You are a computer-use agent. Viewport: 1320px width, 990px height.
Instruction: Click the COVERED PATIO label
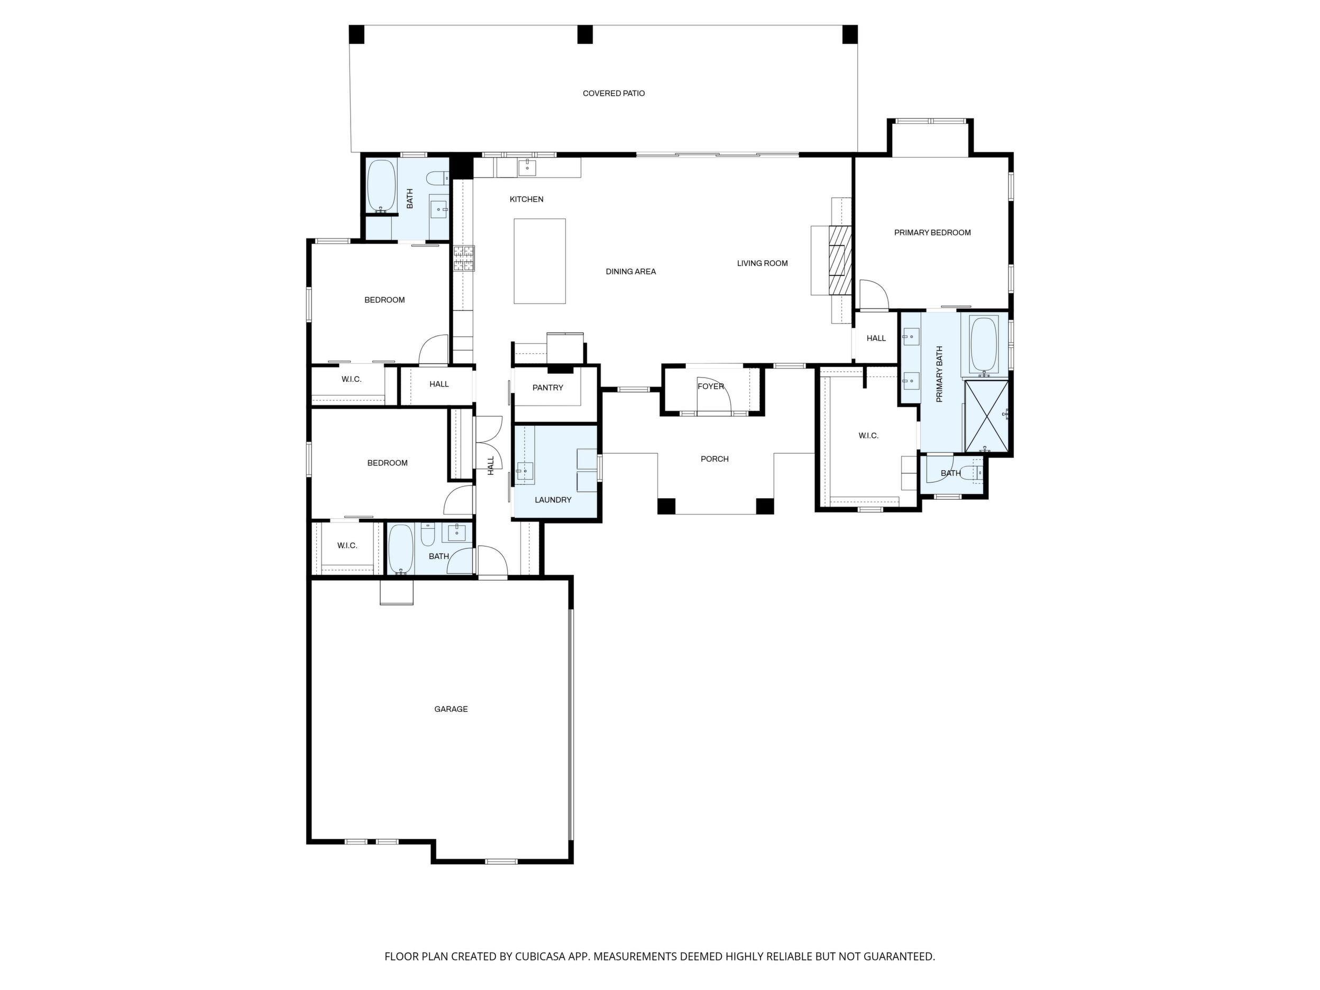click(x=613, y=94)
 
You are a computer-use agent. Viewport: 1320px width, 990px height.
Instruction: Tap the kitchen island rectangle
click(x=539, y=261)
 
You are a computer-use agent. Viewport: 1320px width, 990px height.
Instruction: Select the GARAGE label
click(x=451, y=709)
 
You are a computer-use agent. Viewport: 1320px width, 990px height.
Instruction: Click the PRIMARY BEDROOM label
click(x=932, y=233)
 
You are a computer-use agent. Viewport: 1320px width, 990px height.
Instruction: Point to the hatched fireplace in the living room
click(x=840, y=260)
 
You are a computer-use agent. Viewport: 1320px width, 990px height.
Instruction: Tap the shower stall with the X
click(x=986, y=415)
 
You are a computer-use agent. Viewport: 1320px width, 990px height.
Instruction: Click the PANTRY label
click(x=547, y=388)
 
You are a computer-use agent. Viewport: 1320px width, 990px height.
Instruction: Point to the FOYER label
click(x=710, y=387)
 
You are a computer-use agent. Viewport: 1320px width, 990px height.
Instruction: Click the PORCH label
click(x=714, y=459)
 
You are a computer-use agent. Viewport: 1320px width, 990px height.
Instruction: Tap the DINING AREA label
click(x=631, y=271)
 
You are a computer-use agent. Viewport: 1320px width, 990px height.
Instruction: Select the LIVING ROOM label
click(x=762, y=263)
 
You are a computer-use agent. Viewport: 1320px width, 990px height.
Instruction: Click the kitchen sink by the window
click(x=527, y=167)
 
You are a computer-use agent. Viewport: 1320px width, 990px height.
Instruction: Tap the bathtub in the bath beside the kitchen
click(x=381, y=185)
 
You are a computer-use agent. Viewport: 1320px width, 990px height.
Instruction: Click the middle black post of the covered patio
click(x=585, y=34)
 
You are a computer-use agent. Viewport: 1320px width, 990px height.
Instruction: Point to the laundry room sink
click(x=525, y=473)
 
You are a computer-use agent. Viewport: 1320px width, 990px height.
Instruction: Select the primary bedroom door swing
click(x=874, y=295)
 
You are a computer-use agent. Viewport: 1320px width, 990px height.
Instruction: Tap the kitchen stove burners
click(x=464, y=259)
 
